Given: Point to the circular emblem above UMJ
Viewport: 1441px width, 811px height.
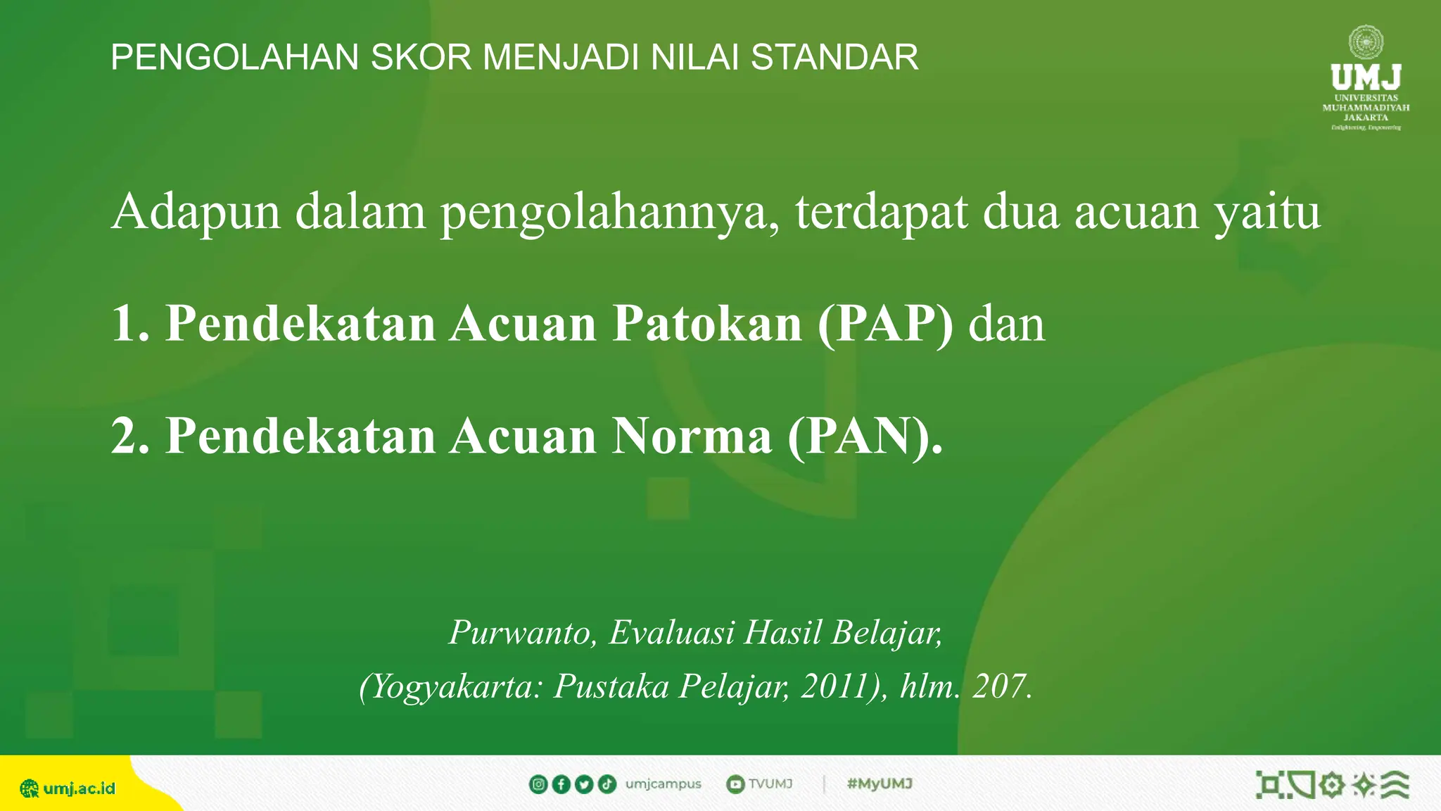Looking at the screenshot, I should (x=1366, y=42).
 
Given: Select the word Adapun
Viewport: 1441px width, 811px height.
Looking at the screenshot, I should (x=196, y=211).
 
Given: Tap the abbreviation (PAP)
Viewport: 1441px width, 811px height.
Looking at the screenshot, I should (x=885, y=323).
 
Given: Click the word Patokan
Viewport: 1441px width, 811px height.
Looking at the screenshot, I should (x=706, y=323).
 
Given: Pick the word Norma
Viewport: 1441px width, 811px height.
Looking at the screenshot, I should (x=692, y=436).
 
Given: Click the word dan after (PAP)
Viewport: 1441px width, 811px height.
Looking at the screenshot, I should (x=1006, y=323).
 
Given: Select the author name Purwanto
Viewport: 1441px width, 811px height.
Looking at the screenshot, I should (x=523, y=632).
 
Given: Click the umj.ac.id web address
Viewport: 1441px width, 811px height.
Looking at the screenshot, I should (x=78, y=788).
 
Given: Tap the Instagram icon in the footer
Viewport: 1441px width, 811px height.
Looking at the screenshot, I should (x=538, y=784).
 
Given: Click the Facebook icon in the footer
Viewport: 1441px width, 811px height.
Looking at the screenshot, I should (x=561, y=784).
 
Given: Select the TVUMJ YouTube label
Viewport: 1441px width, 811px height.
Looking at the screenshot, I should (x=770, y=784).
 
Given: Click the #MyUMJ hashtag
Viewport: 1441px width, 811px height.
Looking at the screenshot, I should (x=880, y=784).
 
